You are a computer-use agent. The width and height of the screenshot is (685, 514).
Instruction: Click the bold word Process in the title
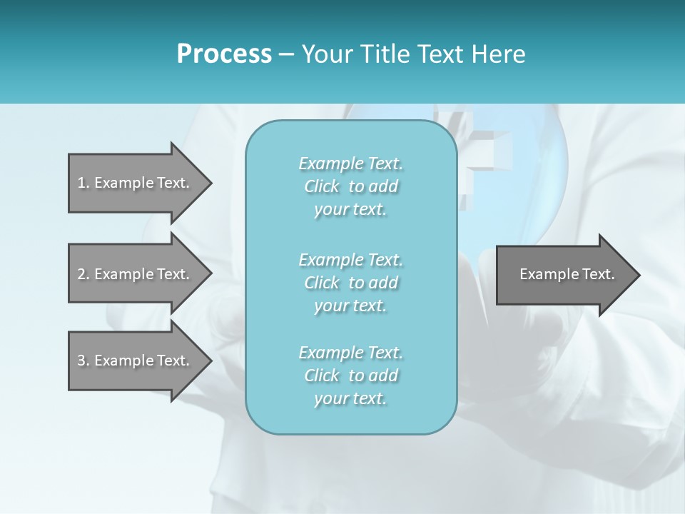click(x=224, y=54)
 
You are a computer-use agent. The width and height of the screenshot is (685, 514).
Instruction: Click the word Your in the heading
click(x=328, y=54)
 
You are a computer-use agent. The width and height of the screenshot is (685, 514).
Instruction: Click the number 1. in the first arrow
click(x=83, y=183)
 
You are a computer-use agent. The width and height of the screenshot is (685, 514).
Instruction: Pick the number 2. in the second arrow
click(x=83, y=274)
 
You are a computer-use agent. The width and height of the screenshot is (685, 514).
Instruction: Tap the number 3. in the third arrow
click(x=83, y=361)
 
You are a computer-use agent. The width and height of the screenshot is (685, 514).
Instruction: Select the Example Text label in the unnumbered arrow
click(x=567, y=274)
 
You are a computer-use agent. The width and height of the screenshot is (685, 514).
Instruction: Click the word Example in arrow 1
click(x=123, y=183)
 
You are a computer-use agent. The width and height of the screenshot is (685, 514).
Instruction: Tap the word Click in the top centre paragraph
click(x=322, y=187)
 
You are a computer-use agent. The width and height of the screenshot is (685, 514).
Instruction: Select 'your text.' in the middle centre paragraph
click(x=350, y=306)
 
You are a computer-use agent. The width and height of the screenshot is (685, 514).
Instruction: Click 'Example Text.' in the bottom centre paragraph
click(x=350, y=353)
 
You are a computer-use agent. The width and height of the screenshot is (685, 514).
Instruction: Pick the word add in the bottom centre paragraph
click(x=383, y=376)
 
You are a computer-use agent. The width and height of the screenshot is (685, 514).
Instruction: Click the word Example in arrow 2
click(x=123, y=274)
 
